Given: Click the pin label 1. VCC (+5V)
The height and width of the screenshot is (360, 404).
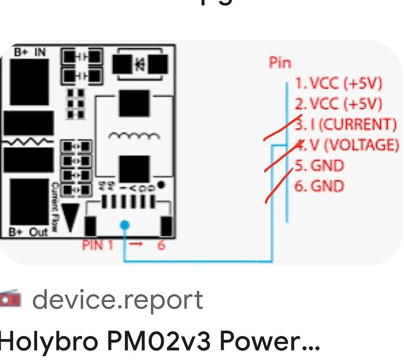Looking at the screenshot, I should (338, 84).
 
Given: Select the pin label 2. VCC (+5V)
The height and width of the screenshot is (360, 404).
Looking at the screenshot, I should (338, 104).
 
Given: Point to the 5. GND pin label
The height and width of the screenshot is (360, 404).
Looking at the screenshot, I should (319, 166).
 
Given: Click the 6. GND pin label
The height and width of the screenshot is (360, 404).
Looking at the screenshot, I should (319, 186).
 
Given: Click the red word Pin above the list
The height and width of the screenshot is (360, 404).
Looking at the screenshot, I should (280, 63).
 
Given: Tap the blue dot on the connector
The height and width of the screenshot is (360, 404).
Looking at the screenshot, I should (124, 225).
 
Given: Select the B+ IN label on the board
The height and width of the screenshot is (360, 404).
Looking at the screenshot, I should (30, 51).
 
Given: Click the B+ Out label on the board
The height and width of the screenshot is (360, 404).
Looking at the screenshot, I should (29, 232).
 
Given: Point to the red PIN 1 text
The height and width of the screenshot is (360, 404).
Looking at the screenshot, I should (98, 245).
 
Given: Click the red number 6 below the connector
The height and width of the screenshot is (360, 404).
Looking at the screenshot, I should (161, 245).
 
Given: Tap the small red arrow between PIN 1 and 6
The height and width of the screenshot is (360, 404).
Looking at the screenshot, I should (137, 245).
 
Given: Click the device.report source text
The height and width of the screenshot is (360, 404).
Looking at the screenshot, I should (118, 300).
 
